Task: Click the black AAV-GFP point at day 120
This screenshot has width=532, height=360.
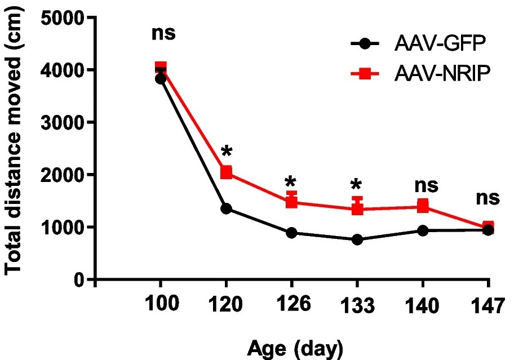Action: (227, 208)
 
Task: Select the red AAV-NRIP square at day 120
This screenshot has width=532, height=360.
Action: (227, 172)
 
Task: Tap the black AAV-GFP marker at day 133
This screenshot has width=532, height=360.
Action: (357, 239)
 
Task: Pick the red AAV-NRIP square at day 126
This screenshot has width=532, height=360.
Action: (291, 202)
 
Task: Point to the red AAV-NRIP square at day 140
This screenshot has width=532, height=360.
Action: (423, 206)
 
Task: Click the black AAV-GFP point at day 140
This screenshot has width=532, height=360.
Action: (423, 230)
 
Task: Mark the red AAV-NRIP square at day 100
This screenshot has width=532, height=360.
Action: (161, 68)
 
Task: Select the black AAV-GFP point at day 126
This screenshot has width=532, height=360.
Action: (291, 233)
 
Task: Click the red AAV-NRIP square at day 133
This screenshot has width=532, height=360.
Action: (357, 209)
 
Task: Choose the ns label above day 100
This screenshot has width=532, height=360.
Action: (163, 33)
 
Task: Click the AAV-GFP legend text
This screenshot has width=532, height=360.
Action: (433, 43)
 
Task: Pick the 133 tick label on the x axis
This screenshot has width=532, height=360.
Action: (357, 306)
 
